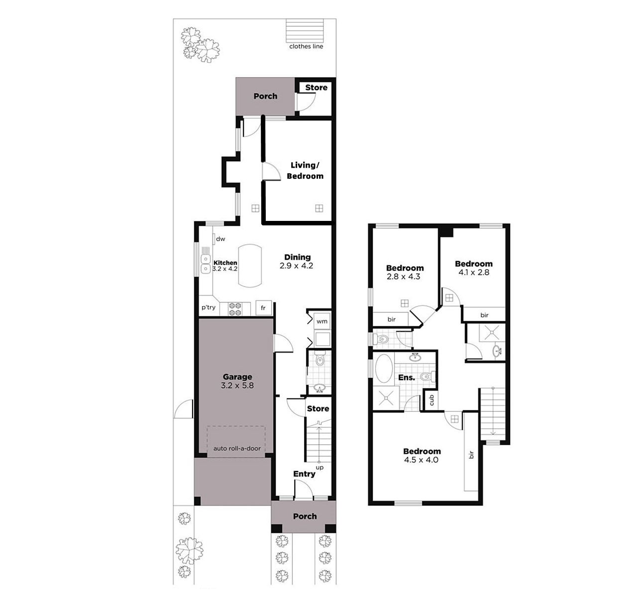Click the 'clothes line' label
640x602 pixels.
click(306, 46)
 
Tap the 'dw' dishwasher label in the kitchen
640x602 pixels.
click(220, 239)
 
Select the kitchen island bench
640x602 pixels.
click(250, 266)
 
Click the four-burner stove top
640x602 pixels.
click(235, 309)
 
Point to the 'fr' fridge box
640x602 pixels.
click(264, 308)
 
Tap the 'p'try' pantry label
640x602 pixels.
click(209, 307)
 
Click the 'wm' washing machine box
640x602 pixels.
click(322, 321)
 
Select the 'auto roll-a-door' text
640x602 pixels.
click(237, 448)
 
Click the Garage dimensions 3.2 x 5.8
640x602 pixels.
click(237, 386)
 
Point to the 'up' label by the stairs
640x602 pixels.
click(320, 468)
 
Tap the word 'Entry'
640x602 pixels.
click(304, 474)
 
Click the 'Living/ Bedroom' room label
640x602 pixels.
click(305, 171)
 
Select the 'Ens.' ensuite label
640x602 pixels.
click(407, 378)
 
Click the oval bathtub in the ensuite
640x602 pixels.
click(384, 369)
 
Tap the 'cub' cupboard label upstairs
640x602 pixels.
click(432, 401)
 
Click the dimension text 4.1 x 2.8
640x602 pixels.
click(474, 272)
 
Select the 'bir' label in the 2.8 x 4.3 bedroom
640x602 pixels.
click(392, 319)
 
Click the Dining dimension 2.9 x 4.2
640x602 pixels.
click(296, 266)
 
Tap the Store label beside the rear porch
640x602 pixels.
click(316, 88)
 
